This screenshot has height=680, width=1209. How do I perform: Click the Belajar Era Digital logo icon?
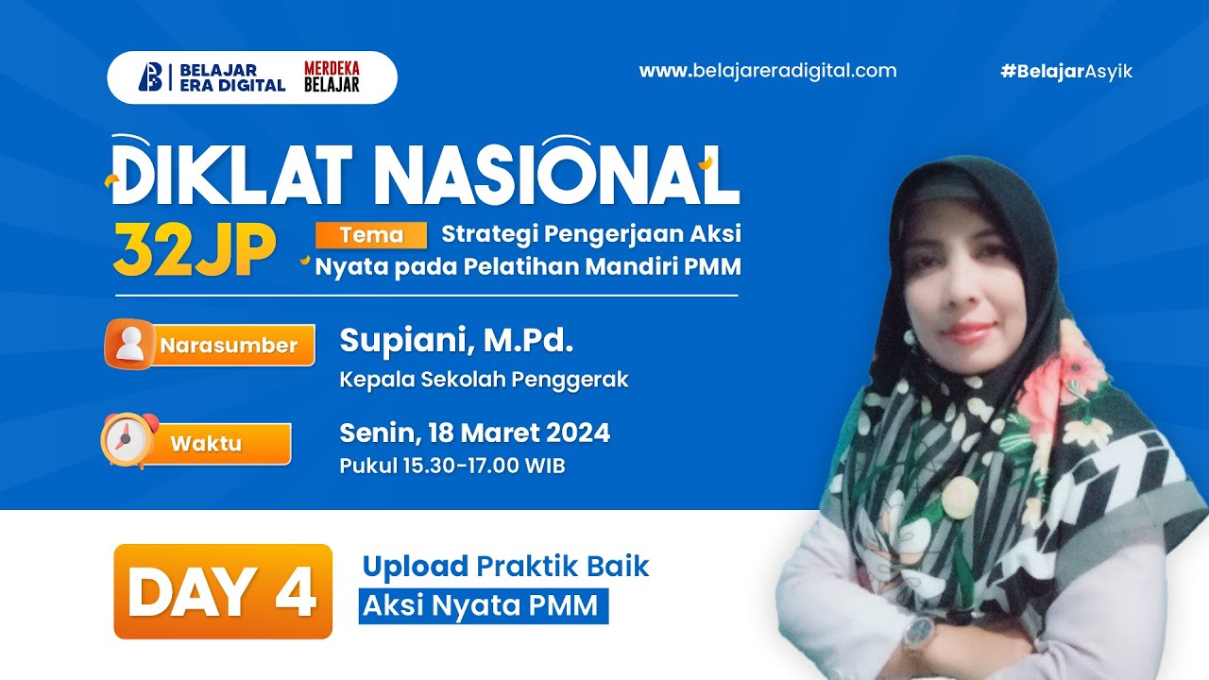pyautogui.click(x=150, y=76)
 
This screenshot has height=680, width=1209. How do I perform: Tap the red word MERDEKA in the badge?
pyautogui.click(x=332, y=68)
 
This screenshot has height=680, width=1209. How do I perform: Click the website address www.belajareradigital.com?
pyautogui.click(x=768, y=71)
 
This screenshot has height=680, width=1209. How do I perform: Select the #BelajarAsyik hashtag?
pyautogui.click(x=1066, y=72)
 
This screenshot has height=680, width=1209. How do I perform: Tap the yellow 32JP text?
pyautogui.click(x=194, y=251)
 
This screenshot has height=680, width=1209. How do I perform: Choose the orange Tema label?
pyautogui.click(x=371, y=235)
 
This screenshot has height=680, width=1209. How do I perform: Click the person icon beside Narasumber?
pyautogui.click(x=130, y=344)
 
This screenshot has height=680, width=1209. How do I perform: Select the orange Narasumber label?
pyautogui.click(x=229, y=346)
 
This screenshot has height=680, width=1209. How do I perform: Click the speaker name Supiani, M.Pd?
pyautogui.click(x=456, y=340)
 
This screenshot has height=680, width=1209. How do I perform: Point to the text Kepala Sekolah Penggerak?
pyautogui.click(x=484, y=380)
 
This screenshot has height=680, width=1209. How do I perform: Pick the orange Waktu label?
pyautogui.click(x=206, y=444)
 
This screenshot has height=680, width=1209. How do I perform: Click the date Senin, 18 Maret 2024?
pyautogui.click(x=474, y=433)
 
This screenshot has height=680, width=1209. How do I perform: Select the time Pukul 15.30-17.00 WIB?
pyautogui.click(x=452, y=466)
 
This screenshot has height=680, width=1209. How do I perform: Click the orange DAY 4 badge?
pyautogui.click(x=223, y=592)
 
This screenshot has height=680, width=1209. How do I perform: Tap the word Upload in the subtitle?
pyautogui.click(x=415, y=567)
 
